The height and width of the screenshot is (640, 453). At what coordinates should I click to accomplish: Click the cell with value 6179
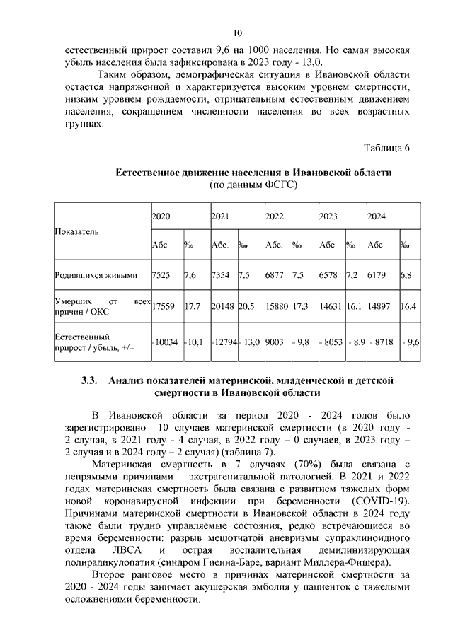click(377, 274)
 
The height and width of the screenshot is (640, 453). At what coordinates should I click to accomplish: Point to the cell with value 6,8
click(407, 274)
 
